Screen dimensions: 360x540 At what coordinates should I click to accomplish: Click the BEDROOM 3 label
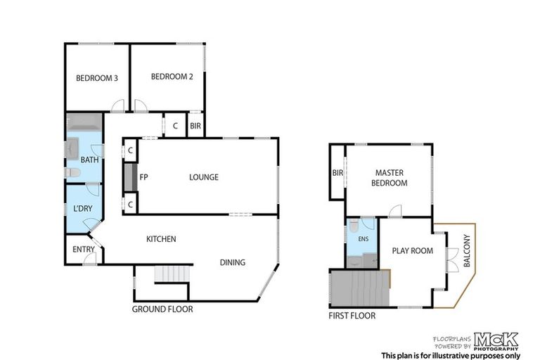[96, 78]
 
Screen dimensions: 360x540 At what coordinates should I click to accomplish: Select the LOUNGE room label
[203, 177]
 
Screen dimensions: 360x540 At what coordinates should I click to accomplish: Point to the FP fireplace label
[143, 177]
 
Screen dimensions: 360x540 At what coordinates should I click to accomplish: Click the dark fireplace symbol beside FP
[129, 177]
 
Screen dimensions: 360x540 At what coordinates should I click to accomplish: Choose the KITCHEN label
[161, 239]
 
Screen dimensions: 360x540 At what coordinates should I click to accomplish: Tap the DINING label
[232, 263]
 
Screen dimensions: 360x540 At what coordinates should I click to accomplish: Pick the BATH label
[89, 160]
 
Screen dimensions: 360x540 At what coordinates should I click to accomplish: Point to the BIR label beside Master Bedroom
[337, 172]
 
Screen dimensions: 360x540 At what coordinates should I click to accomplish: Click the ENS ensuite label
[363, 239]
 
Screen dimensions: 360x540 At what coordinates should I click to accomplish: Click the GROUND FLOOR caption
[162, 309]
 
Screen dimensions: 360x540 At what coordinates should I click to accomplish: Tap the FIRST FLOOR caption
[352, 316]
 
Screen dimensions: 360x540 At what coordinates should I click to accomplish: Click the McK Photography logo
[495, 340]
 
